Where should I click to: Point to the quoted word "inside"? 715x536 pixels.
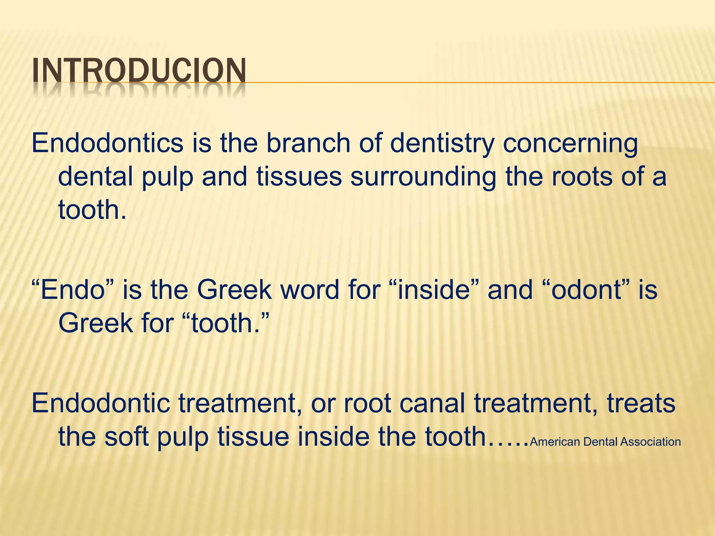(438, 290)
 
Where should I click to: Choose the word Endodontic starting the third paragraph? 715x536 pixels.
(101, 403)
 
